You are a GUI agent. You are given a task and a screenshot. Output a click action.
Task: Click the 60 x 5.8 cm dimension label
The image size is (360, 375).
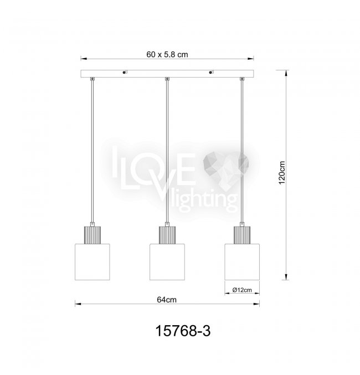click(167, 54)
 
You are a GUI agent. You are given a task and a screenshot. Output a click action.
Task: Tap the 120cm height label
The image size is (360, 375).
click(282, 172)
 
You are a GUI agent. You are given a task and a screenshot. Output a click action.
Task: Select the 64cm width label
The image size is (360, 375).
click(167, 300)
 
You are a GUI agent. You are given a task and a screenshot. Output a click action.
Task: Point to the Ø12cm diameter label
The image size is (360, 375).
click(242, 290)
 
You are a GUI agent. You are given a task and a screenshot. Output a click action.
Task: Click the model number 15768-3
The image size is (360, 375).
click(183, 331)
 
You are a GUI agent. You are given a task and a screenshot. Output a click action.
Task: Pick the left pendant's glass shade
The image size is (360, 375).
click(92, 262)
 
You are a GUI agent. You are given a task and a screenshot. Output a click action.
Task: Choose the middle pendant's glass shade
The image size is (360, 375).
click(167, 262)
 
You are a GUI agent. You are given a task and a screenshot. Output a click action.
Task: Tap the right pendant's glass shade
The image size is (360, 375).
click(242, 262)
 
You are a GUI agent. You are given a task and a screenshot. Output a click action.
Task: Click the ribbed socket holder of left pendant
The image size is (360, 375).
click(92, 235)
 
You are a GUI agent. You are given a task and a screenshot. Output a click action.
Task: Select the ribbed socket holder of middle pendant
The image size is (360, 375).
click(167, 235)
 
